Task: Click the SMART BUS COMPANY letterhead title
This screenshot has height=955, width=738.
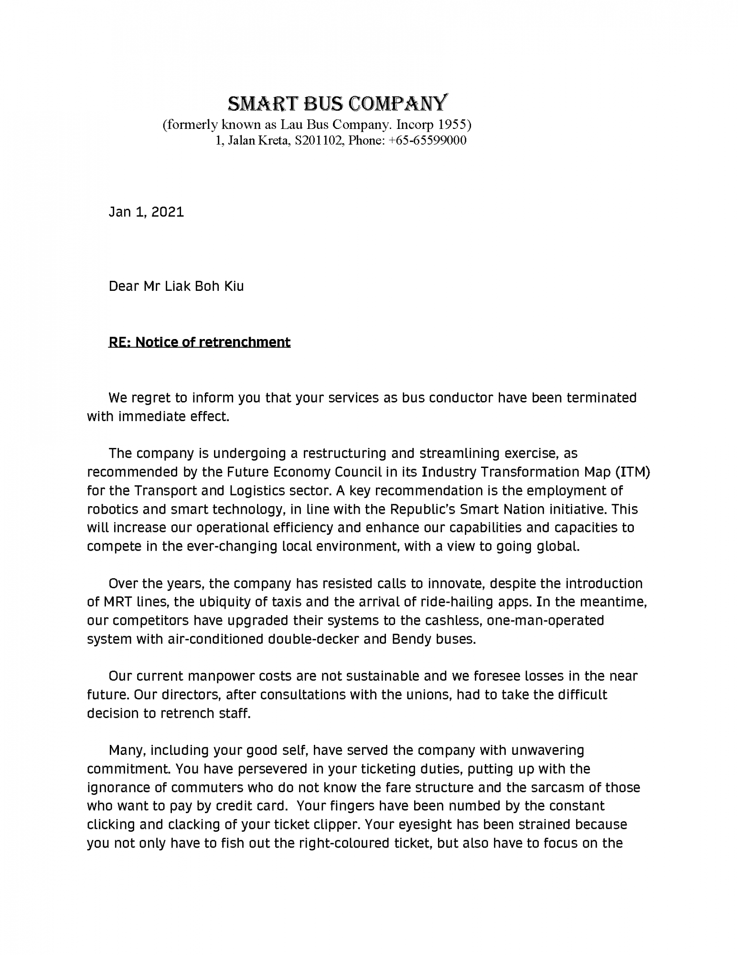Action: (338, 103)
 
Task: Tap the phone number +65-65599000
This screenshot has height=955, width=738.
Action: (428, 140)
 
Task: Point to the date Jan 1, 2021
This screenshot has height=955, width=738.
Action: (146, 212)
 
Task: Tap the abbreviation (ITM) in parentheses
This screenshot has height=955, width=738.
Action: (632, 472)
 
